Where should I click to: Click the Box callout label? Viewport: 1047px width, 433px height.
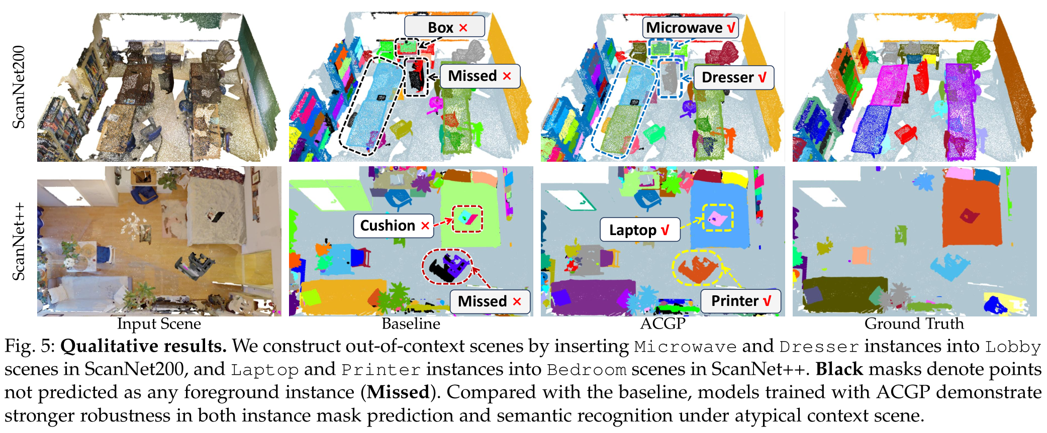pyautogui.click(x=444, y=27)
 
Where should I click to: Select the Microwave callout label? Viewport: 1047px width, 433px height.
pyautogui.click(x=690, y=27)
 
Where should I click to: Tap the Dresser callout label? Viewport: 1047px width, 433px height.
pyautogui.click(x=733, y=77)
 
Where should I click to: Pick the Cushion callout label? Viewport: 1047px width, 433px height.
pyautogui.click(x=394, y=226)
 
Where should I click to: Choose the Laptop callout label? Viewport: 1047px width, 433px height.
pyautogui.click(x=640, y=230)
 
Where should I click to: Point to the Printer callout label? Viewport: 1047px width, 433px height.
pyautogui.click(x=741, y=301)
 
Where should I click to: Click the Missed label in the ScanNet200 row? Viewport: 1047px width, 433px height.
pyautogui.click(x=480, y=76)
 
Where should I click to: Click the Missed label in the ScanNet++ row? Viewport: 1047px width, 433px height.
pyautogui.click(x=490, y=301)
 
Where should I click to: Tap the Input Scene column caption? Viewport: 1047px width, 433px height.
pyautogui.click(x=159, y=324)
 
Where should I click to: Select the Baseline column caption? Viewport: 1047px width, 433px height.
pyautogui.click(x=411, y=324)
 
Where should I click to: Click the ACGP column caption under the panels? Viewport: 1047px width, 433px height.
pyautogui.click(x=662, y=324)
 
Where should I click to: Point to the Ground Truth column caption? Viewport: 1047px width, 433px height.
pyautogui.click(x=914, y=324)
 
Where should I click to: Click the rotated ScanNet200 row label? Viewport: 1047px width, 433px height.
pyautogui.click(x=19, y=87)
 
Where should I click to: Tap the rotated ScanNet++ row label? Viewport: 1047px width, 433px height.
pyautogui.click(x=19, y=241)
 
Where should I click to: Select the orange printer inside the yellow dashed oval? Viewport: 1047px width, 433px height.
pyautogui.click(x=698, y=269)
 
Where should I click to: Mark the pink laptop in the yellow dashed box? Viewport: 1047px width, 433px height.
pyautogui.click(x=717, y=218)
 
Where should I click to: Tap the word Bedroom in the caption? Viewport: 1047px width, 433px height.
pyautogui.click(x=587, y=370)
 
